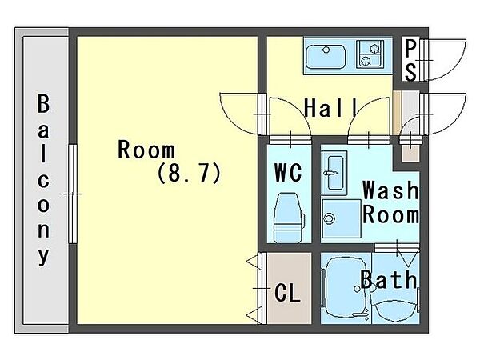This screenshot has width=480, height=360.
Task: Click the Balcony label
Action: tap(43, 180)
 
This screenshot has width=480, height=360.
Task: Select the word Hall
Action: tap(330, 108)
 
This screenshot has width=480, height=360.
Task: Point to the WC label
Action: tap(288, 173)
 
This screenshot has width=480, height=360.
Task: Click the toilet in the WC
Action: tap(288, 218)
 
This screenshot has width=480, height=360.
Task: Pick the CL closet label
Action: tap(287, 293)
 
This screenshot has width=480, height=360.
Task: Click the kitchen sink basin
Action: tap(326, 57)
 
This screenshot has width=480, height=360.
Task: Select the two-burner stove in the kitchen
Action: tap(370, 54)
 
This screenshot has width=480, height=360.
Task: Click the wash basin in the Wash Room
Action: tap(334, 173)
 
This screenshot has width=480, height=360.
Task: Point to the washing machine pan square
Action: tap(342, 218)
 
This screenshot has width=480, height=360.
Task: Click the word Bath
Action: tap(389, 279)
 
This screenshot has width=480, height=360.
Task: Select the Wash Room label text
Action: tap(390, 202)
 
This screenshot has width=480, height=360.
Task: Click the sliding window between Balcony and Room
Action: tap(73, 194)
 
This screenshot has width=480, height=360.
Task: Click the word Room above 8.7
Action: tap(146, 150)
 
